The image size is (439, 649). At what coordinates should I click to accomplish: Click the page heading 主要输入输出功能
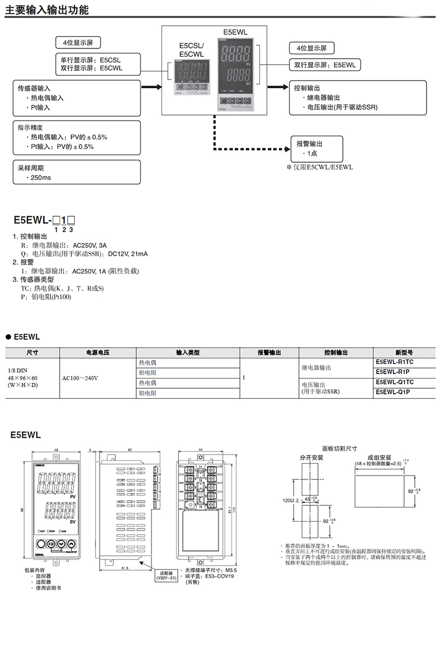click(x=47, y=10)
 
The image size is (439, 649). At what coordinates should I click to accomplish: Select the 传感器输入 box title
click(x=34, y=88)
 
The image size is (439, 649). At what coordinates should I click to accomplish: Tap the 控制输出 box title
click(x=307, y=88)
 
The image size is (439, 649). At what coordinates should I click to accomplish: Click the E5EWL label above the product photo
click(x=235, y=32)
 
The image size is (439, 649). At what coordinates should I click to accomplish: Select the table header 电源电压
click(x=97, y=352)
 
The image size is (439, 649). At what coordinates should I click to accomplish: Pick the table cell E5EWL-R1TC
click(x=395, y=362)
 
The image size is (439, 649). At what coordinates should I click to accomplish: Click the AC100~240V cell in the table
click(x=80, y=377)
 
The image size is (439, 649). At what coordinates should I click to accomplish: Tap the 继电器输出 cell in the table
click(x=317, y=367)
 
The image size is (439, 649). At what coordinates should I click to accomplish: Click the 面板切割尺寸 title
click(x=340, y=448)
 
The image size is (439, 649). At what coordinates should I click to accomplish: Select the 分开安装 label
click(x=311, y=458)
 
